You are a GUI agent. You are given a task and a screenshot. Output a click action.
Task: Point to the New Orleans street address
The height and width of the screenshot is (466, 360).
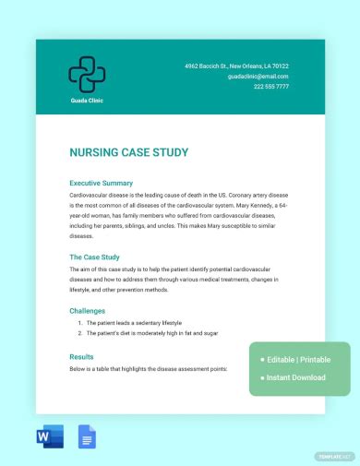click(x=236, y=66)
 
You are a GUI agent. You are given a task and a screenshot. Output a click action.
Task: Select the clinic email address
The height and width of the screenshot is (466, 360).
click(x=258, y=77)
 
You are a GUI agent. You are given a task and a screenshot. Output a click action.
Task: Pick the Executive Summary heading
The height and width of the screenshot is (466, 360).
click(x=102, y=183)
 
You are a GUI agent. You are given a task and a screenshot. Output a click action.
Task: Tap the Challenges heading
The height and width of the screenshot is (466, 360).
click(x=88, y=311)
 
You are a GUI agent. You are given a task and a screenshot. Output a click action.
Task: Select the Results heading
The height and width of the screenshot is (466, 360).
click(x=82, y=356)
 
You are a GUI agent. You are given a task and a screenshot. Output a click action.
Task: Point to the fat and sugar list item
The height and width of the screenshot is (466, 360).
click(x=151, y=332)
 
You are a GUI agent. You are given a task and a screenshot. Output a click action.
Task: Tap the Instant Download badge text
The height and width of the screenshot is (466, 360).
click(x=296, y=377)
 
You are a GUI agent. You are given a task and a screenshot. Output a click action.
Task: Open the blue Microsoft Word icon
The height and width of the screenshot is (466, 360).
click(x=51, y=437)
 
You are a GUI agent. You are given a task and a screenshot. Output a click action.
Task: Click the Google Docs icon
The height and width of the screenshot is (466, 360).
click(x=88, y=437)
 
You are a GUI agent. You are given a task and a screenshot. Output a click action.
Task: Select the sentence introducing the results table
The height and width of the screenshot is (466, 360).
click(x=148, y=368)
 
